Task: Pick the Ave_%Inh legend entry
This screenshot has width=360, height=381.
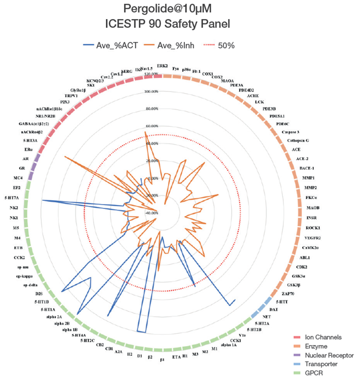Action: (x=178, y=45)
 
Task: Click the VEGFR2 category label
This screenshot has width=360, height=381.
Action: (x=312, y=238)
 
